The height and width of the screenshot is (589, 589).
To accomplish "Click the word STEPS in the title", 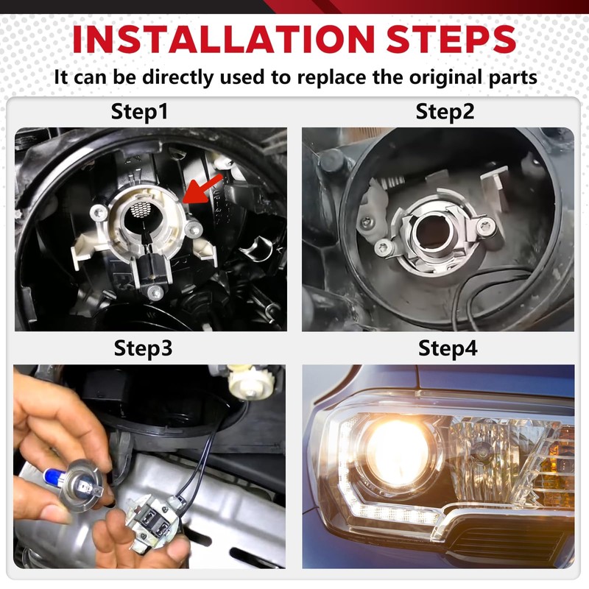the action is tap(451, 39).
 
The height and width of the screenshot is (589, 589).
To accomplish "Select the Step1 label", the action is tap(139, 112).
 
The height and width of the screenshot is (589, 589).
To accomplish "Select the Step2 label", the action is tap(445, 112).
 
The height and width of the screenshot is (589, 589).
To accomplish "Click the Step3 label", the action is tap(143, 348).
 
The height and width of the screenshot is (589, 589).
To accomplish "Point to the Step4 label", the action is tap(448, 348).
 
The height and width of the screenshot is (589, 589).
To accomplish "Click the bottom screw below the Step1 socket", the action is tap(155, 292).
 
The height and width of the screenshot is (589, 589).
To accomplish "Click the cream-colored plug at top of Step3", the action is tap(251, 382).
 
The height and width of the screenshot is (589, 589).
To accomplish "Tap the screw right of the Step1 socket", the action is tap(194, 229).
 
